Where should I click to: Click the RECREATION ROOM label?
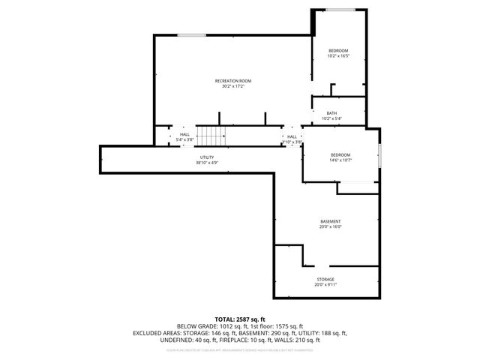click(x=232, y=80)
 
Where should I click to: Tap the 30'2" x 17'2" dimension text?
click(x=232, y=86)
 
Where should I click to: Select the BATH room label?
click(x=331, y=113)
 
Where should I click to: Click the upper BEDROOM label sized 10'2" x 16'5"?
click(x=338, y=50)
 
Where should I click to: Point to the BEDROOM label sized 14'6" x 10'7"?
click(x=340, y=154)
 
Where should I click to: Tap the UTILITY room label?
click(x=207, y=157)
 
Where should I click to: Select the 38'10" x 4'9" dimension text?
click(x=207, y=163)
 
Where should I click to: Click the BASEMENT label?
click(x=331, y=221)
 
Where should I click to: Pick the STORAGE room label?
click(x=325, y=279)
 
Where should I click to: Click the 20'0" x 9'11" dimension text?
click(x=325, y=285)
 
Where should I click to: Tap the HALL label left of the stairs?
click(x=184, y=134)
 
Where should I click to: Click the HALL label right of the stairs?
click(x=292, y=136)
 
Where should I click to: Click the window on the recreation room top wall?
click(x=193, y=34)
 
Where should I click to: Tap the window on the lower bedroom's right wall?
click(x=380, y=155)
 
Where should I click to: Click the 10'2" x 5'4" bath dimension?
click(x=331, y=118)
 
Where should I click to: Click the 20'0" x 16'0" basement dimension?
click(x=331, y=227)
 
